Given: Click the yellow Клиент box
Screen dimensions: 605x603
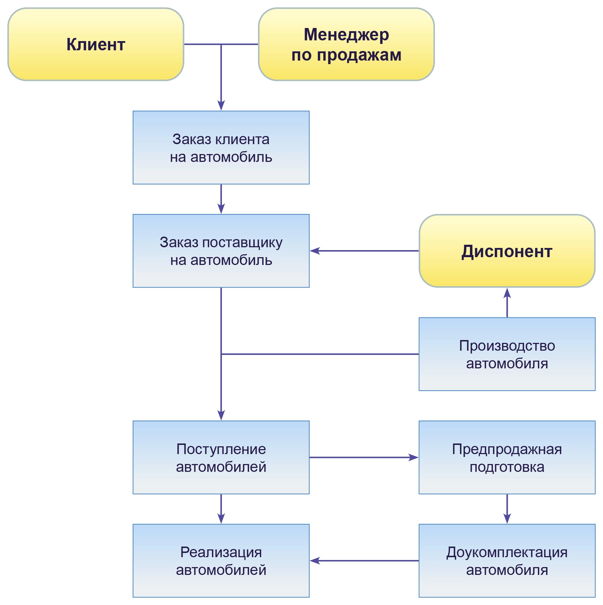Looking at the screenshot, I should pos(96,45).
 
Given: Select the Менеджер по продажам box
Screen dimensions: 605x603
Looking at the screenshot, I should pos(346,45).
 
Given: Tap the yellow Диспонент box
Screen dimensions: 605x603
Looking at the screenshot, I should pos(507,251).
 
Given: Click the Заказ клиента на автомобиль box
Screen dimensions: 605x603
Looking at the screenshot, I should pos(221,148).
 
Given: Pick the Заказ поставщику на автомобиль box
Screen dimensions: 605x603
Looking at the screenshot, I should pos(221,251).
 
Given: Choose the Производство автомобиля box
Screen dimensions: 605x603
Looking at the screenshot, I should pos(507,354).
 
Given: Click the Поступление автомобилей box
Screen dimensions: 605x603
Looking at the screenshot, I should pos(221,457).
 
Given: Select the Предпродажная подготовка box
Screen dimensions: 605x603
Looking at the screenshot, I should pos(507,457).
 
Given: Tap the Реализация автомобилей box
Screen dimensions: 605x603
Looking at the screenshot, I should pos(221,561).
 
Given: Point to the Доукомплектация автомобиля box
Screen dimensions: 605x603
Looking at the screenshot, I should pos(507,561).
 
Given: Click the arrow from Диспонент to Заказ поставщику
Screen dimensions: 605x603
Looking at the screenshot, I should pos(364,251).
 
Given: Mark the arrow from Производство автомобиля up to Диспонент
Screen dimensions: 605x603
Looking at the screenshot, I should pos(507,303).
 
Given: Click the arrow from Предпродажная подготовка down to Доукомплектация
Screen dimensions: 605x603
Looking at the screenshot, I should pos(507,509).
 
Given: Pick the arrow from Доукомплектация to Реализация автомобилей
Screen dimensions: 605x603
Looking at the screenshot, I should pos(364,561).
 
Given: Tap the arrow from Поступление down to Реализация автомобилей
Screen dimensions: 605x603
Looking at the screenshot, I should pos(221,509).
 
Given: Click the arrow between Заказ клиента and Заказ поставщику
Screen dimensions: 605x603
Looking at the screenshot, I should pos(221,199).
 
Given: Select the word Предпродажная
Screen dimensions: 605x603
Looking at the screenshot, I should pos(507,449).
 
